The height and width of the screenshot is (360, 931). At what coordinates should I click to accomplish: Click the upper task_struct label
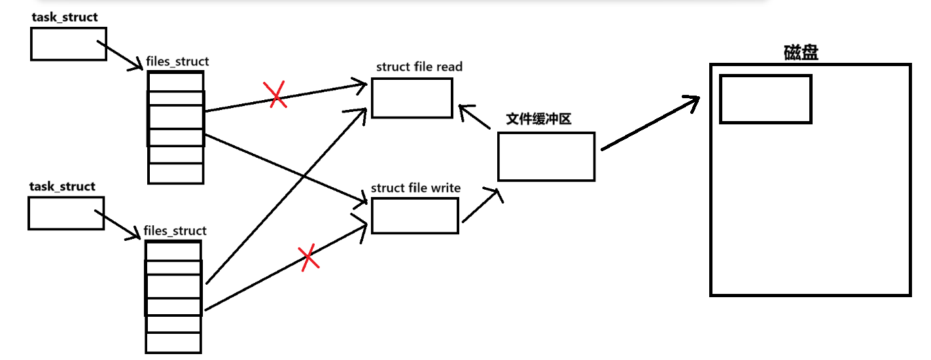coord(64,17)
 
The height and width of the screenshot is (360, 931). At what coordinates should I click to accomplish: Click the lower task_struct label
coord(62,187)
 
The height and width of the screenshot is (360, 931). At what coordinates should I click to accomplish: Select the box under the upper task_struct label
coord(68,44)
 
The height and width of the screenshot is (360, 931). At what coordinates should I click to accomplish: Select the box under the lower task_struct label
coord(66,213)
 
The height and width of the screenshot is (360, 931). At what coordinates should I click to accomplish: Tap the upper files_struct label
coord(177,62)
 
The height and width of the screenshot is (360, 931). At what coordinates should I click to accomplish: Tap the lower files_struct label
coord(175,230)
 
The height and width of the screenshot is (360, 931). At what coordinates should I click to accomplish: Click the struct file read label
coord(419,67)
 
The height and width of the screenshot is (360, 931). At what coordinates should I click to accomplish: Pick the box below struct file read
coord(412,98)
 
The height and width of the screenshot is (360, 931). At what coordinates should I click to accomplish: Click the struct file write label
coord(415,188)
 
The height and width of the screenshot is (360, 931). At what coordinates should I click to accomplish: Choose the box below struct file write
coord(415,215)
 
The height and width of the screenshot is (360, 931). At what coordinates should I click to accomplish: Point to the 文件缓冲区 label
coord(539,120)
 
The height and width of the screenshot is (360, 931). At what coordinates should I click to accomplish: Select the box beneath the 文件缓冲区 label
coord(546,156)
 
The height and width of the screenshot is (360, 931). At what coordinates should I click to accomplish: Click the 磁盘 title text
coord(800,53)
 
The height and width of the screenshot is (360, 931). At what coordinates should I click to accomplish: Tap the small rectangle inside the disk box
coord(765,99)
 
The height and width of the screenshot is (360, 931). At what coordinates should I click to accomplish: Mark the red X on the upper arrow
coord(276,95)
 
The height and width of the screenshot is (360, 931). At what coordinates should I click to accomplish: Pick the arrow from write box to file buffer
coord(482,204)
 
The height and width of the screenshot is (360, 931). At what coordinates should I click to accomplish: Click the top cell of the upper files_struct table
coord(175,81)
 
